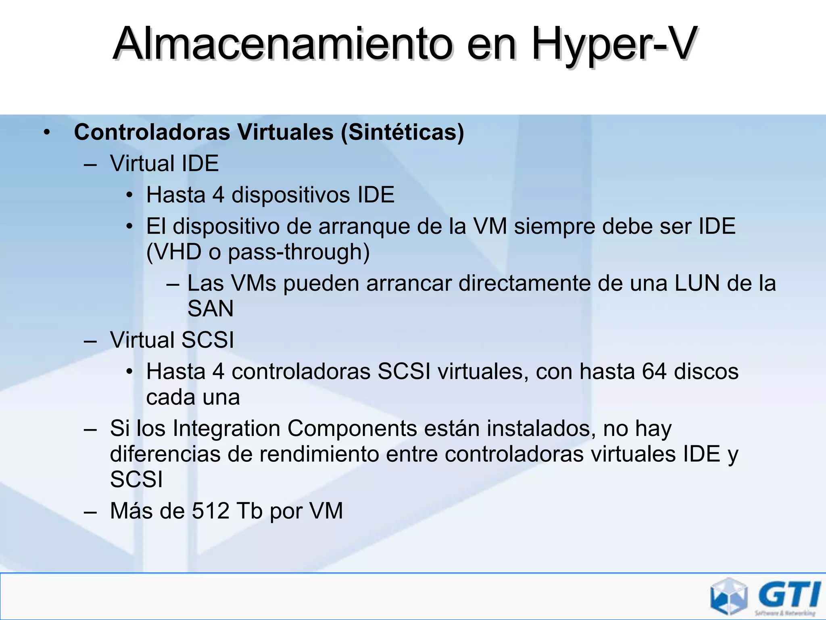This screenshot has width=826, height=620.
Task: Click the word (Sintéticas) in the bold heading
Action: coord(403,132)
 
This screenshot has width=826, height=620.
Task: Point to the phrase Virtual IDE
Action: coord(164,163)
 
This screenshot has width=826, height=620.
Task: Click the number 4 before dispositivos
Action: coord(218,195)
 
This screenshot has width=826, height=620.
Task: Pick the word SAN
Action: coord(211,309)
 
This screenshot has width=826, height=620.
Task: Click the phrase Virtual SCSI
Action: coord(172,340)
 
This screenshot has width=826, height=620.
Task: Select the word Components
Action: coord(352,428)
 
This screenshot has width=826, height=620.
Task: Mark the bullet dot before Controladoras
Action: coord(47,132)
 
